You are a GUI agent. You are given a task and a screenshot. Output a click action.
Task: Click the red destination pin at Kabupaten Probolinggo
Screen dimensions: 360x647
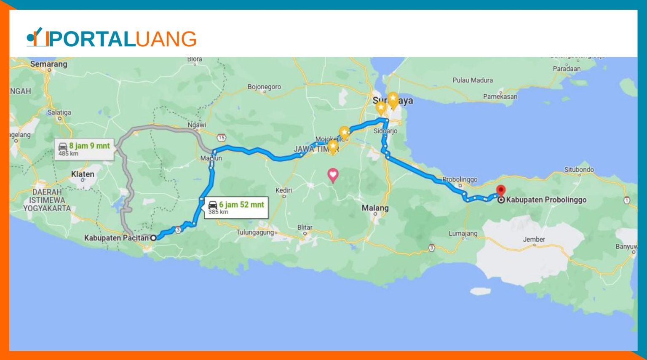pos(500,191)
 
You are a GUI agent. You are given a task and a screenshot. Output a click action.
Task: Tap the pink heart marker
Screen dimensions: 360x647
pos(333,174)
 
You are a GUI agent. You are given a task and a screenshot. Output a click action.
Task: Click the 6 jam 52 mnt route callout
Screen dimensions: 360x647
pos(236,208)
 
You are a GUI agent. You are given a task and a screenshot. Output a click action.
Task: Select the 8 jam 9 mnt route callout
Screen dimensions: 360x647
pos(84,149)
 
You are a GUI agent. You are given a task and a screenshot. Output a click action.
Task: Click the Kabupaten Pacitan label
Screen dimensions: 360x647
pos(116,238)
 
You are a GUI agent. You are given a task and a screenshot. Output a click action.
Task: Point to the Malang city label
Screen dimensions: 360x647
pos(375,208)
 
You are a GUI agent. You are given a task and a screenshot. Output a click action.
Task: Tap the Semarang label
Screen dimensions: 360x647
pos(48,64)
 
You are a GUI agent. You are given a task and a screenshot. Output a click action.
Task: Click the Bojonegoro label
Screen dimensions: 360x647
pos(264,87)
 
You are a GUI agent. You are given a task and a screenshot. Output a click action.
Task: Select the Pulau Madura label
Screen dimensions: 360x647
pos(472,80)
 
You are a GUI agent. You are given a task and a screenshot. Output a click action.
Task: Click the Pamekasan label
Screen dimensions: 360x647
pos(500,97)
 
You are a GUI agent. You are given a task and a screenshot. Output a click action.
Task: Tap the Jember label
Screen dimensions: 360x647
pos(534,240)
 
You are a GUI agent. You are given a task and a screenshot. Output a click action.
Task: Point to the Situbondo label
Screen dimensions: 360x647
pos(579,170)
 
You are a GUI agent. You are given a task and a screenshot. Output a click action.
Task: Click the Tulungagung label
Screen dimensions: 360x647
pos(255,232)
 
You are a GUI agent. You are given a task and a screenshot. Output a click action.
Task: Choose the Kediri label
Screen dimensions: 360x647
pos(283,190)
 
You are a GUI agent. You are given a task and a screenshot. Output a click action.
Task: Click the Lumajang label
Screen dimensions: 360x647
pos(463,234)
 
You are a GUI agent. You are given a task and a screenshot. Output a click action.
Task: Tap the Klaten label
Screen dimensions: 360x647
pos(83,174)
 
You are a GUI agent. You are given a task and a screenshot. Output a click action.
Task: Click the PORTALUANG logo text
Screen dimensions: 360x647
pos(122,39)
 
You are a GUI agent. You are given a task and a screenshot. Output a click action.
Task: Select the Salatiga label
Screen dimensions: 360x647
pos(59,112)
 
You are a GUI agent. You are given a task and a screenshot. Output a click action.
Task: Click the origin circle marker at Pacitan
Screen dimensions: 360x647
pos(153,238)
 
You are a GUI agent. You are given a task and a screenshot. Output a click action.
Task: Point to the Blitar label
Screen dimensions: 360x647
pos(305,227)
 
